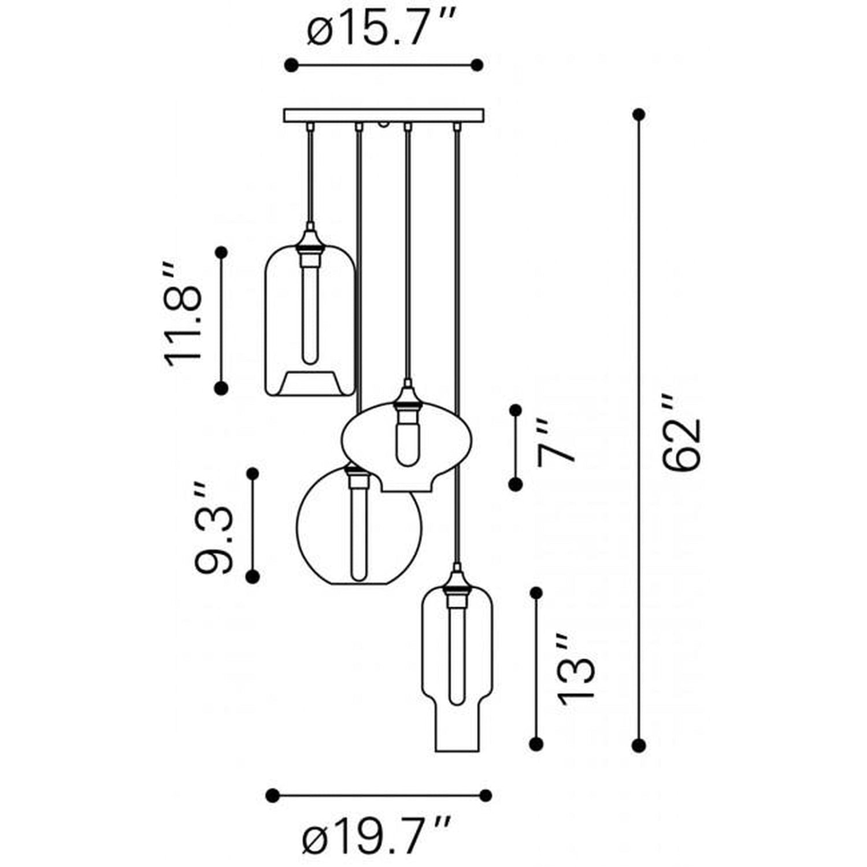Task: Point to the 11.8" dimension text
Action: coord(184,316)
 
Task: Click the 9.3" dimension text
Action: coord(214,528)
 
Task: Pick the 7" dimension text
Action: coord(557,443)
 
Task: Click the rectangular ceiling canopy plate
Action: coord(384,116)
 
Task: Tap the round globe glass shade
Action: coord(359,526)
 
